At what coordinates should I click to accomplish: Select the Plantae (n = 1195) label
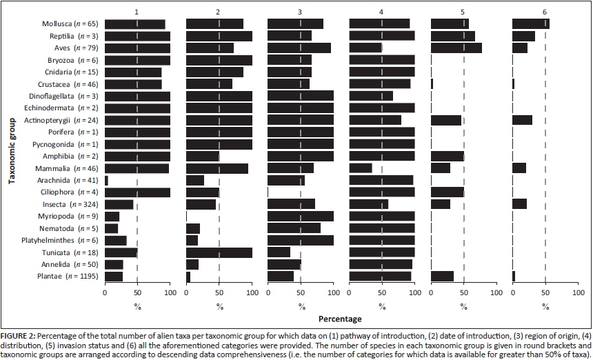click(66, 277)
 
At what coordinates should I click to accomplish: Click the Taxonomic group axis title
click(12, 150)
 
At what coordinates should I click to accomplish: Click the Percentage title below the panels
click(340, 320)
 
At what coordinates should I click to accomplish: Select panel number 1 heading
click(137, 12)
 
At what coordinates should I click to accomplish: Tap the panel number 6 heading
click(545, 12)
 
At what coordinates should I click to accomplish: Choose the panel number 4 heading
click(382, 12)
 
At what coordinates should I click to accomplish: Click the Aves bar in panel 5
click(456, 48)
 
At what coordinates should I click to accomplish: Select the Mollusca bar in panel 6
click(530, 24)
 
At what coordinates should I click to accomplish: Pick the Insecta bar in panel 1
click(119, 204)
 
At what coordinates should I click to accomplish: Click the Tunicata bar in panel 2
click(219, 252)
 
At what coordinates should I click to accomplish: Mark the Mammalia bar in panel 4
click(361, 168)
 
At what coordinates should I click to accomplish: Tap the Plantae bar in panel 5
click(442, 277)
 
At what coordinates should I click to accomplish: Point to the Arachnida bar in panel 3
click(285, 181)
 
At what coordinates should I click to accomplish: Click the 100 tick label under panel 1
click(170, 292)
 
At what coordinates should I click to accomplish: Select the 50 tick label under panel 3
click(301, 292)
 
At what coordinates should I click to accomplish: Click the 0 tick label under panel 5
click(431, 292)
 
